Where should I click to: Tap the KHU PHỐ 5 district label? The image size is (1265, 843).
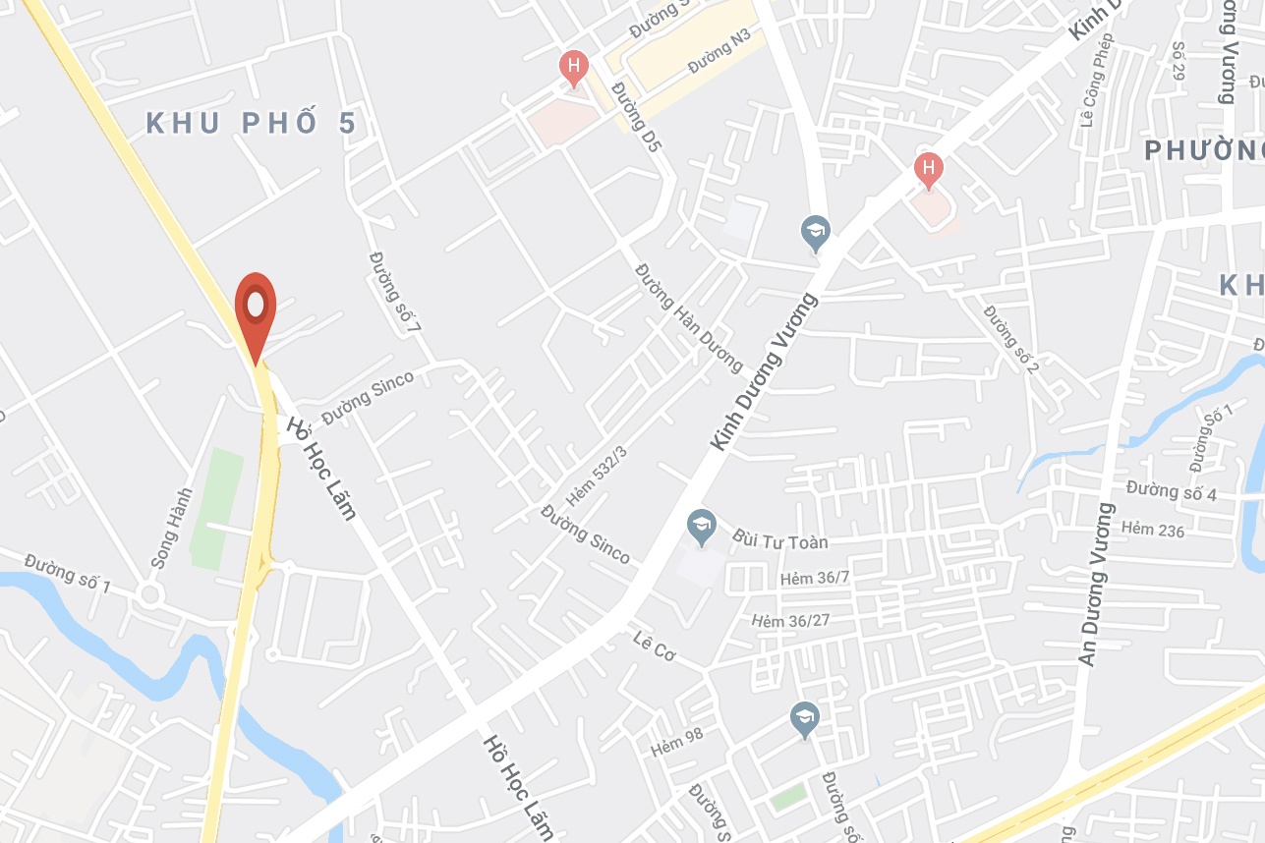click(250, 124)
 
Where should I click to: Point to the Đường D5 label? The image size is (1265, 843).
click(634, 117)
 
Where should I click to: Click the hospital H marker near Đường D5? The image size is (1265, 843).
click(573, 67)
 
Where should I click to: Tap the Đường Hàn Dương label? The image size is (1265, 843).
click(689, 316)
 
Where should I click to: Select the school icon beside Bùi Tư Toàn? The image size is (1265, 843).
click(701, 526)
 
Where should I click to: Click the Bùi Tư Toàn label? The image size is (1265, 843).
click(780, 540)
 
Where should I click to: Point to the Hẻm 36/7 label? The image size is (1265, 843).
click(813, 578)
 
